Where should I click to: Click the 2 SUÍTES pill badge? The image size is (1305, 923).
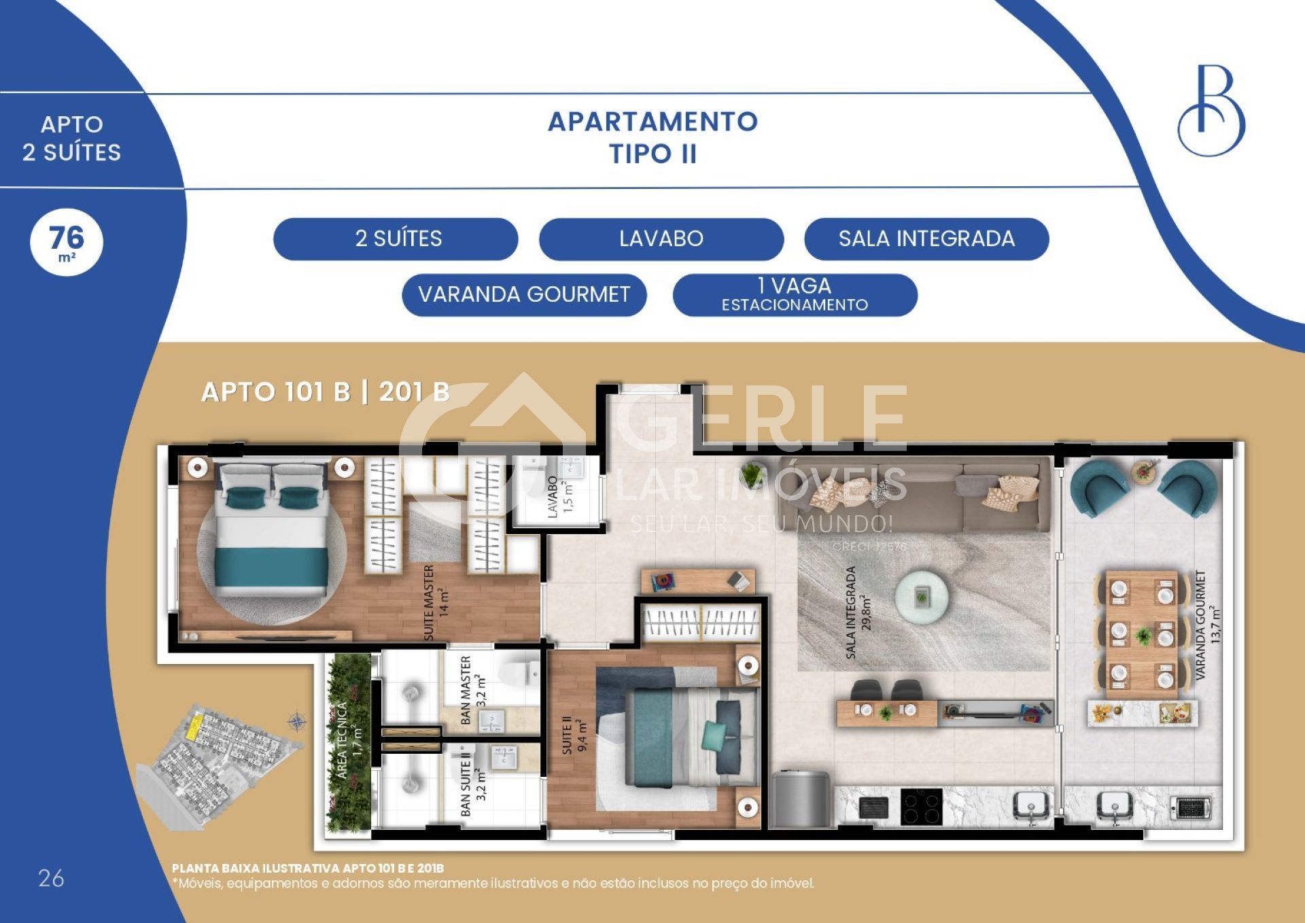pos(396,239)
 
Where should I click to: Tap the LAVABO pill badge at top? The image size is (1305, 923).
pos(661,239)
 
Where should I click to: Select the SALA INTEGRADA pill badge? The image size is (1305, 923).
pos(926,239)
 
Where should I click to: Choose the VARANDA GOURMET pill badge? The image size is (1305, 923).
pos(524,295)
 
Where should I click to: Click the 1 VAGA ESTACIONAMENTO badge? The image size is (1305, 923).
pos(795,295)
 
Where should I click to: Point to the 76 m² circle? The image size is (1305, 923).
pos(67,243)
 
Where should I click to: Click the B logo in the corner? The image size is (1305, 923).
pos(1211,110)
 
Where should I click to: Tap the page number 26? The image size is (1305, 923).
pos(51,878)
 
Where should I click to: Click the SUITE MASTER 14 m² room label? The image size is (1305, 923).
pos(436,602)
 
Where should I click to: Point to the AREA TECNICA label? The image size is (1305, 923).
pos(350,739)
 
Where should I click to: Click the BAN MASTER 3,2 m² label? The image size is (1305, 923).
pos(473,690)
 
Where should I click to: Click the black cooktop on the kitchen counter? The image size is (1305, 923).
pos(921,807)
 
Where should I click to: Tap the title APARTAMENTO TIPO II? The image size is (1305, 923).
pos(653,137)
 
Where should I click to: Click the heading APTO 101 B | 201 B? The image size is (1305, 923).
pos(326,392)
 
